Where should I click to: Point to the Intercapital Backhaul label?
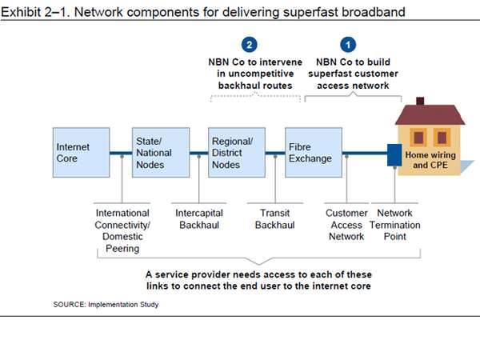(198, 219)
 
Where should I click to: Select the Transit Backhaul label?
(274, 219)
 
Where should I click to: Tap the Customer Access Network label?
(346, 225)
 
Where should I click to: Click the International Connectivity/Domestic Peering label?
(122, 231)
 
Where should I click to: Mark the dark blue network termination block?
(394, 154)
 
